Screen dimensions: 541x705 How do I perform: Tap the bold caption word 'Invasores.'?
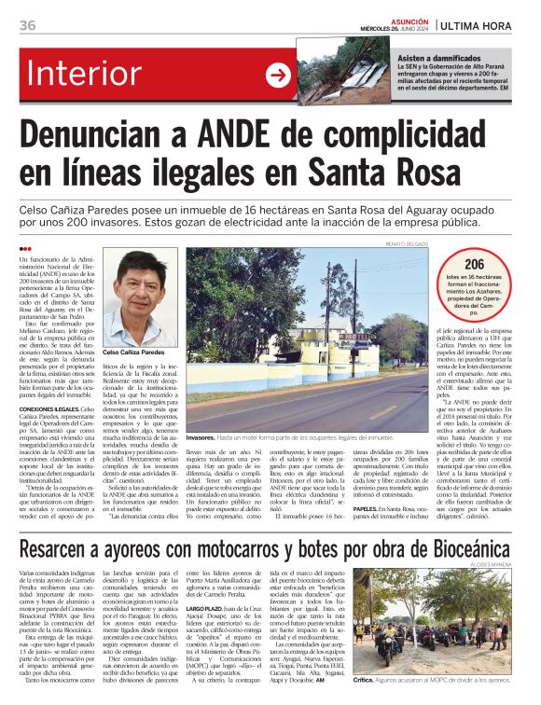[x=201, y=437]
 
